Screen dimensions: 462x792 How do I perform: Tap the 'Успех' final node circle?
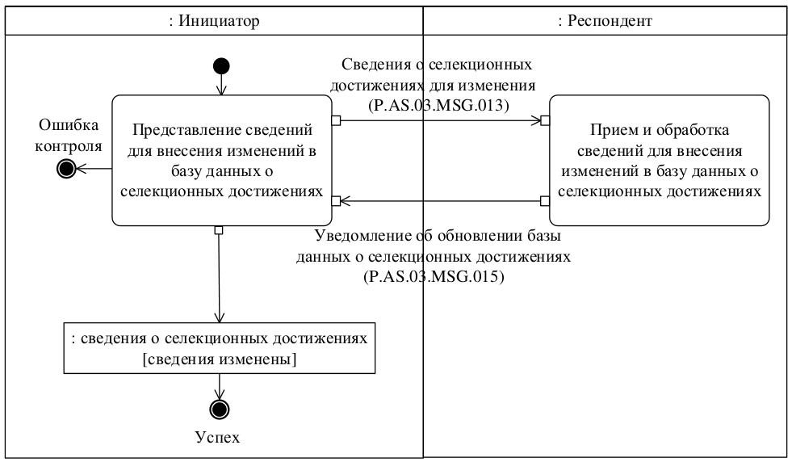click(219, 409)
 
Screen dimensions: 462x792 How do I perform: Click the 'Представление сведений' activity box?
click(220, 160)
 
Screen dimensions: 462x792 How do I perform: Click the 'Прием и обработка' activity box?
click(660, 160)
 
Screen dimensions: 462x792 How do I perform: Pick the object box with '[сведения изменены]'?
click(220, 349)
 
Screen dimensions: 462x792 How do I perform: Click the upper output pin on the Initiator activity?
click(336, 121)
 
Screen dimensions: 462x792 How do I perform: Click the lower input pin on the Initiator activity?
click(336, 199)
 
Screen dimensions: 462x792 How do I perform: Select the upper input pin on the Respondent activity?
click(546, 121)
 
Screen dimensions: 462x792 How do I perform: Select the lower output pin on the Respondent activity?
click(546, 199)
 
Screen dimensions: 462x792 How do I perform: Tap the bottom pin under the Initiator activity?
click(219, 230)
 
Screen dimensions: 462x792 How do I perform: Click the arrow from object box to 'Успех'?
click(219, 384)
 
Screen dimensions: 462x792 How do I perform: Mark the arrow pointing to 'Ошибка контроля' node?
click(93, 168)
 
